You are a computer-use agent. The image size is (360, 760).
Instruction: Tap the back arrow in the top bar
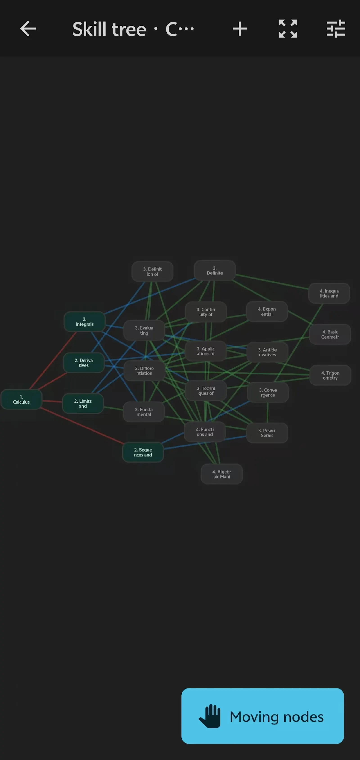point(28,29)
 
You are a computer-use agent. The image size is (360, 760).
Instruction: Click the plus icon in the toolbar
point(240,29)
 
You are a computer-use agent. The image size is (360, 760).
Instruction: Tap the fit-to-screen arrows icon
point(288,29)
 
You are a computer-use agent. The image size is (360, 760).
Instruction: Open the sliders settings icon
point(336,29)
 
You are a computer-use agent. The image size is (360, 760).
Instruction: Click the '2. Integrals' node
point(84,322)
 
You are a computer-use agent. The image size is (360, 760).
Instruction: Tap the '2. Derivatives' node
point(83,363)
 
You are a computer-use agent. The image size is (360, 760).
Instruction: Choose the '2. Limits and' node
point(83,404)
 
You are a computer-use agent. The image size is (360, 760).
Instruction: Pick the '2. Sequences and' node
point(143,452)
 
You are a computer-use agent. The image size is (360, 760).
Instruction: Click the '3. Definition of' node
point(152,271)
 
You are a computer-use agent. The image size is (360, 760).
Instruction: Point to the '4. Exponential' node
point(267,312)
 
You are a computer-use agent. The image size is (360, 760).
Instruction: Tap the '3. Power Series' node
point(267,433)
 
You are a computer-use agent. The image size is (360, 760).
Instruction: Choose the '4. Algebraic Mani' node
point(222,474)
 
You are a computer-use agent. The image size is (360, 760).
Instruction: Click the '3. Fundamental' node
point(144,412)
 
